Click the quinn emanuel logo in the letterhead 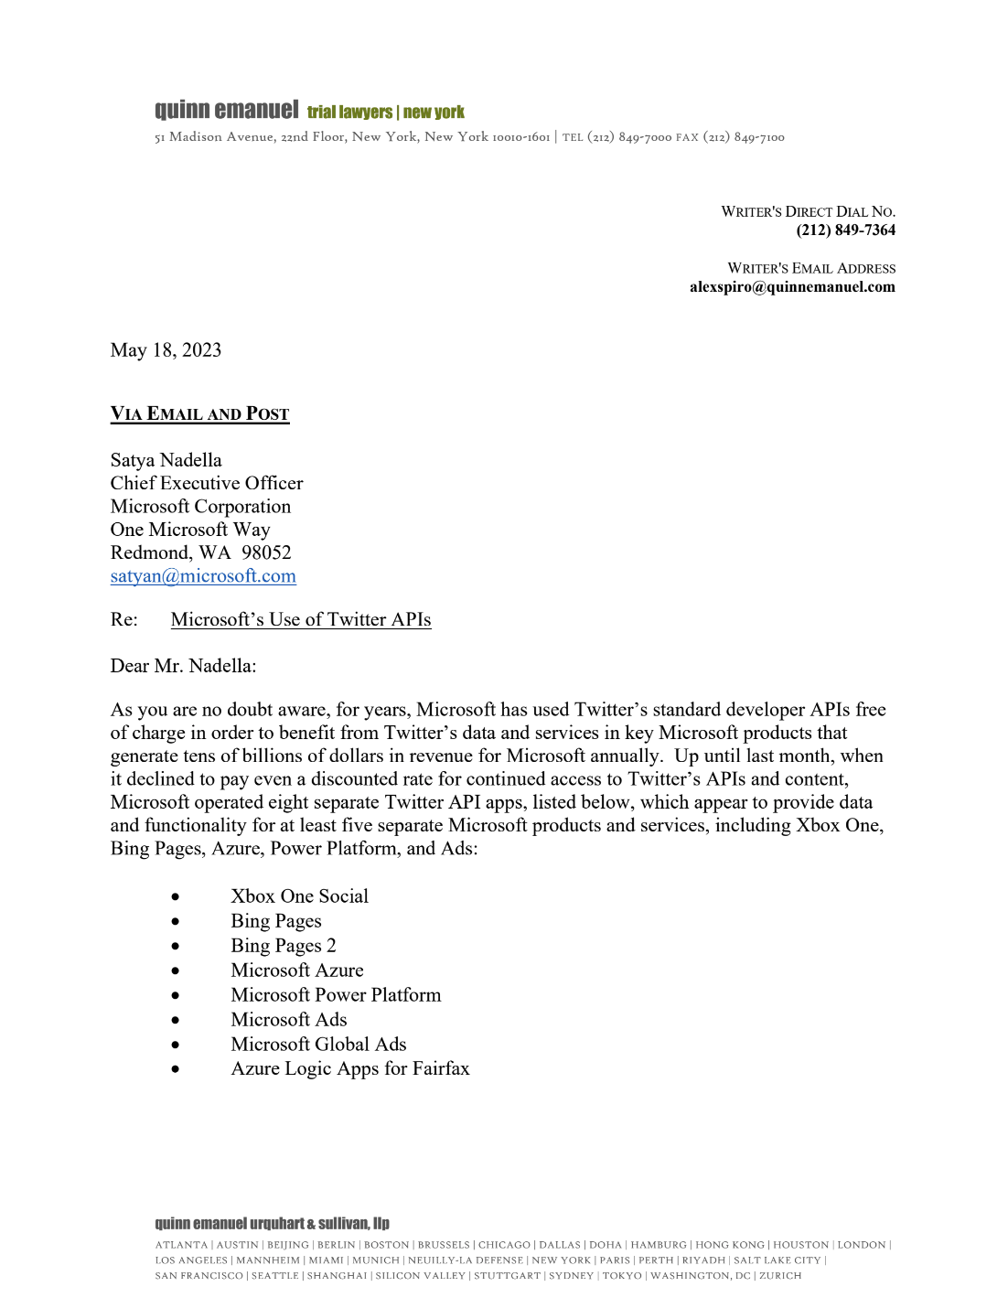pyautogui.click(x=226, y=111)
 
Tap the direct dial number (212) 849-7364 pyautogui.click(x=845, y=231)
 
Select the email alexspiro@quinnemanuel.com pyautogui.click(x=792, y=287)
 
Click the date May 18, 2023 pyautogui.click(x=166, y=350)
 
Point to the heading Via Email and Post pyautogui.click(x=199, y=414)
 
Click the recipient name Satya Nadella pyautogui.click(x=166, y=460)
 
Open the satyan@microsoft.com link pyautogui.click(x=203, y=576)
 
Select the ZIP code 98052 pyautogui.click(x=266, y=552)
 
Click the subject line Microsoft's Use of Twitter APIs pyautogui.click(x=300, y=620)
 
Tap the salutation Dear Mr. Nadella pyautogui.click(x=183, y=666)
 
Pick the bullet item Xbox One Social pyautogui.click(x=299, y=896)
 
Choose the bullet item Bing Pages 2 pyautogui.click(x=283, y=946)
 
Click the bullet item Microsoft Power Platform pyautogui.click(x=336, y=995)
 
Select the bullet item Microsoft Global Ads pyautogui.click(x=318, y=1045)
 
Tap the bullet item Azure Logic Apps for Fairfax pyautogui.click(x=349, y=1069)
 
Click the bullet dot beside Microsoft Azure pyautogui.click(x=175, y=971)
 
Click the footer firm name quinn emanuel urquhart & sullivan pyautogui.click(x=272, y=1224)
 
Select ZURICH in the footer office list pyautogui.click(x=779, y=1276)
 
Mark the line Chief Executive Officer pyautogui.click(x=207, y=483)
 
